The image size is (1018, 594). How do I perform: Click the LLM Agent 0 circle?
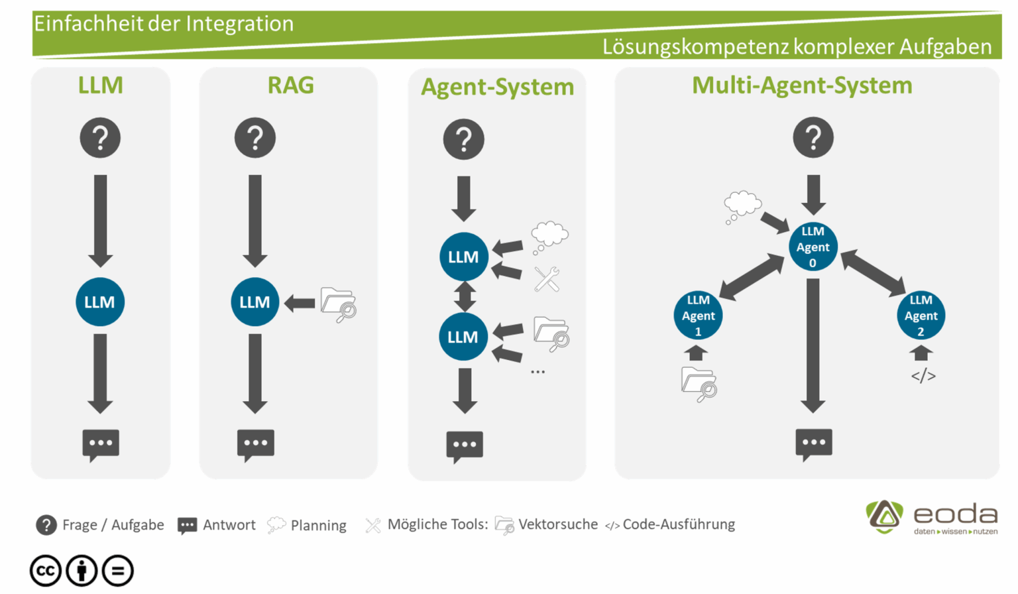point(813,247)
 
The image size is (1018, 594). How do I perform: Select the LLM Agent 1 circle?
point(698,316)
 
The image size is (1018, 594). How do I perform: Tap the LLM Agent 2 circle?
point(921,316)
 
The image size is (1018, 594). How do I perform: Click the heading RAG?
point(290,86)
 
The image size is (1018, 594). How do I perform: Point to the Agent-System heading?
point(497,87)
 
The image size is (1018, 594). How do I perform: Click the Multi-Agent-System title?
point(802,86)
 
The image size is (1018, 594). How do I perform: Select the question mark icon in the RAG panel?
point(255,138)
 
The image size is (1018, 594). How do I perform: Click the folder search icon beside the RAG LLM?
point(338,304)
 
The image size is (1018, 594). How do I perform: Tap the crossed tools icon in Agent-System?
point(547,279)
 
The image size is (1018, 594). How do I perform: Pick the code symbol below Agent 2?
point(923,376)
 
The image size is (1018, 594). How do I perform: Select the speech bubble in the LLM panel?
point(101,444)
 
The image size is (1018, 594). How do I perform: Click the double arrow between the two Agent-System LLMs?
point(465,297)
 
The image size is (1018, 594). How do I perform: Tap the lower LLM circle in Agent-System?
point(463,337)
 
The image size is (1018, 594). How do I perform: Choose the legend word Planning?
point(318,526)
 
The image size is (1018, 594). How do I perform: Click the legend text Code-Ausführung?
point(678,524)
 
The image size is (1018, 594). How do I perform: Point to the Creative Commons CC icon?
point(46,571)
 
